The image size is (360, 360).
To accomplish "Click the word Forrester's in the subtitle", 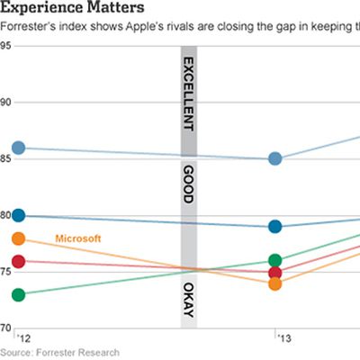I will (x=33, y=27).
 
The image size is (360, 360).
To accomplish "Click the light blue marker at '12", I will (x=19, y=148).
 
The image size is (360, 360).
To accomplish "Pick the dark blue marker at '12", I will (x=19, y=216).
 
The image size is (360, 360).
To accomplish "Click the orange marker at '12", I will (x=19, y=238).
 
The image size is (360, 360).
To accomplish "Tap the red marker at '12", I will (x=19, y=262).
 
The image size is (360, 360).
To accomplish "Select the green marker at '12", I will (x=19, y=294).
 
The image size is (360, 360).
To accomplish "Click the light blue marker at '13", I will (x=275, y=159).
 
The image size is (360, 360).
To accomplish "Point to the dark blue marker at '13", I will (x=275, y=227).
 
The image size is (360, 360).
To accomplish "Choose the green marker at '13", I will (x=275, y=261).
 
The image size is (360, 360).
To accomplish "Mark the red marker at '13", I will (x=275, y=273).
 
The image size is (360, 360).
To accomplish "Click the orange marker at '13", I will (x=275, y=284).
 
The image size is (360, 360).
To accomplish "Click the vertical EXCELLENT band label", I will (x=189, y=94).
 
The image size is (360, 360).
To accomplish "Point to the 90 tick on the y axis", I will (x=6, y=102).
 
